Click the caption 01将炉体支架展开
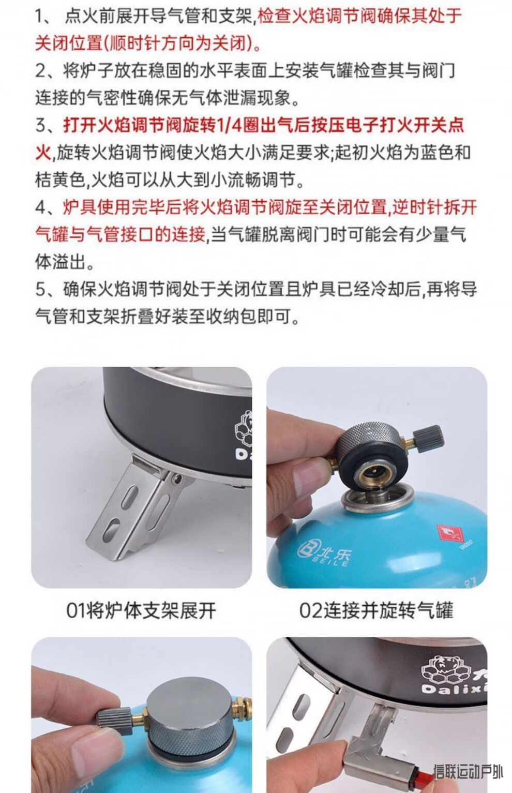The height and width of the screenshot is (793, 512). click(141, 610)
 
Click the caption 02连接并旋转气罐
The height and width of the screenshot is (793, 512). click(376, 610)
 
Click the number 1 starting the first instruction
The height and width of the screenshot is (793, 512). click(41, 16)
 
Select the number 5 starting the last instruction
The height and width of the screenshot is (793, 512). click(41, 289)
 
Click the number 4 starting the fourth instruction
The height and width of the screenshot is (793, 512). click(41, 207)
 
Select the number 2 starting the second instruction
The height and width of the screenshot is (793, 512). click(41, 71)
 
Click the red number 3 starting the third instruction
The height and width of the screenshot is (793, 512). click(41, 125)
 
